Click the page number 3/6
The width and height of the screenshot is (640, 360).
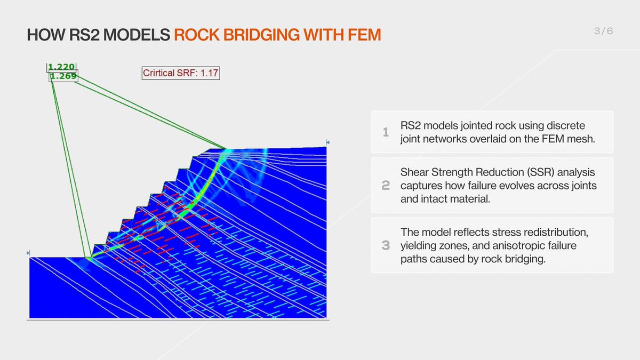click(x=603, y=31)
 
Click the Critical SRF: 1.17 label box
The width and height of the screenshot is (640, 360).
click(x=181, y=73)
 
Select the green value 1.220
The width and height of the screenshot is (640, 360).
click(x=61, y=67)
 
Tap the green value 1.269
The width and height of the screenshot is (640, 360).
click(x=63, y=76)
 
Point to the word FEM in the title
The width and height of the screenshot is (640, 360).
click(x=363, y=35)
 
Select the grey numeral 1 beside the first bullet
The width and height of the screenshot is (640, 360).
click(x=386, y=132)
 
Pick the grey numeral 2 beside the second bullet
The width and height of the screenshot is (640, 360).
click(x=386, y=186)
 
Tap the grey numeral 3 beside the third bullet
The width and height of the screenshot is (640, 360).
click(x=386, y=245)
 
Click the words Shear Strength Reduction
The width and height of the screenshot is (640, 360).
click(x=450, y=173)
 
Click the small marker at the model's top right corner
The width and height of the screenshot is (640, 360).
click(x=328, y=142)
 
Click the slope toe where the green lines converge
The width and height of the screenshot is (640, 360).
click(x=89, y=258)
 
